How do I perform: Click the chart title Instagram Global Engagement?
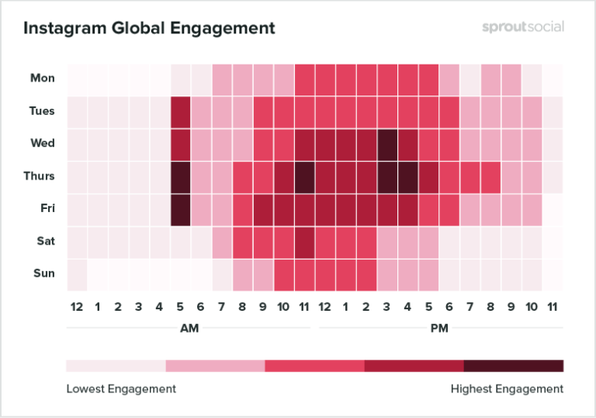(x=149, y=29)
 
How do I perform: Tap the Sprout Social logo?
(x=521, y=27)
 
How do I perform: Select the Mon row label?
(x=42, y=78)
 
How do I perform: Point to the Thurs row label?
(x=38, y=176)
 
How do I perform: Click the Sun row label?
(x=43, y=274)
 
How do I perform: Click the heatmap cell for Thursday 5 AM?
(x=180, y=176)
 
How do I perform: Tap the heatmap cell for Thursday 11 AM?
(x=304, y=176)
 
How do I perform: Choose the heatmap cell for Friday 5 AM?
(x=180, y=209)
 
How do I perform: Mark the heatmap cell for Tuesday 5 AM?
(x=180, y=111)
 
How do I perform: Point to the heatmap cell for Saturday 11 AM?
(x=304, y=242)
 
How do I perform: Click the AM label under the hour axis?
(x=189, y=329)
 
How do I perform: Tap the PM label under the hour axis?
(x=439, y=329)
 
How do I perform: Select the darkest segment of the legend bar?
(x=514, y=366)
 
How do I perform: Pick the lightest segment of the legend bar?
(x=116, y=366)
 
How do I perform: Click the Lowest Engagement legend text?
(x=120, y=388)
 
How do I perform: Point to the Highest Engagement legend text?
(x=507, y=388)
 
